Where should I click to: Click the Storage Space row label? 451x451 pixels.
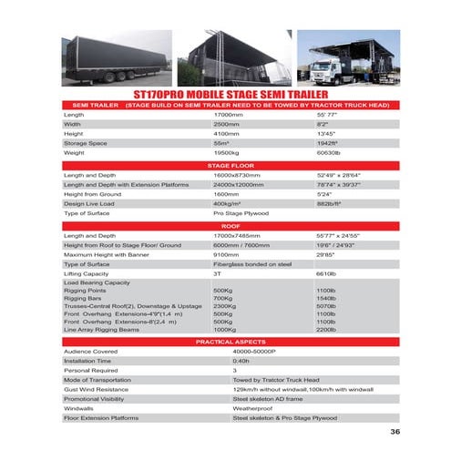pos(86,143)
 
